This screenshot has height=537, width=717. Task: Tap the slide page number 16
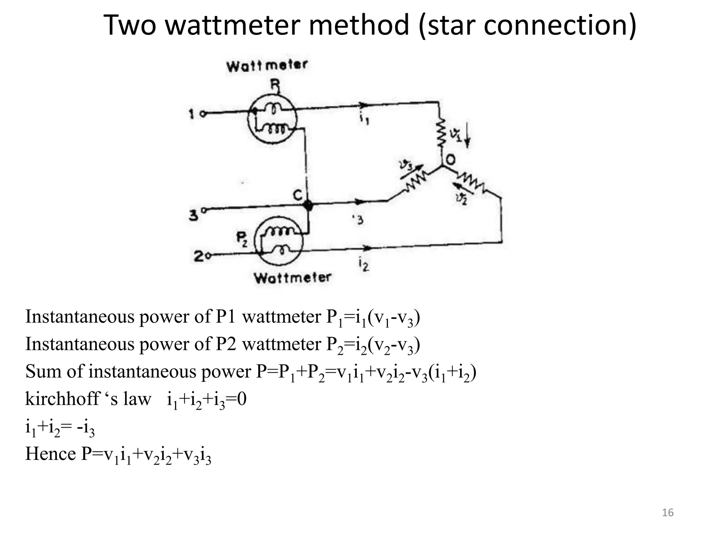point(668,513)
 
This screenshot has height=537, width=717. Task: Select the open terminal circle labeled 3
point(204,210)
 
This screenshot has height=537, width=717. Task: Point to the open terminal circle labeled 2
point(209,256)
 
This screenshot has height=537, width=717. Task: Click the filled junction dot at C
point(308,206)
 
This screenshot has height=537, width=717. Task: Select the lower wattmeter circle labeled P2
point(278,241)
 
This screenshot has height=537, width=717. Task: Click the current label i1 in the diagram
point(363,120)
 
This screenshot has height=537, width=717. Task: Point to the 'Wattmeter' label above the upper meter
point(267,65)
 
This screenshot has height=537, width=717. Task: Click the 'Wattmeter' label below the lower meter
point(292,278)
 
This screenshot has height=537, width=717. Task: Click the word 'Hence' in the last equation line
point(50,454)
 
